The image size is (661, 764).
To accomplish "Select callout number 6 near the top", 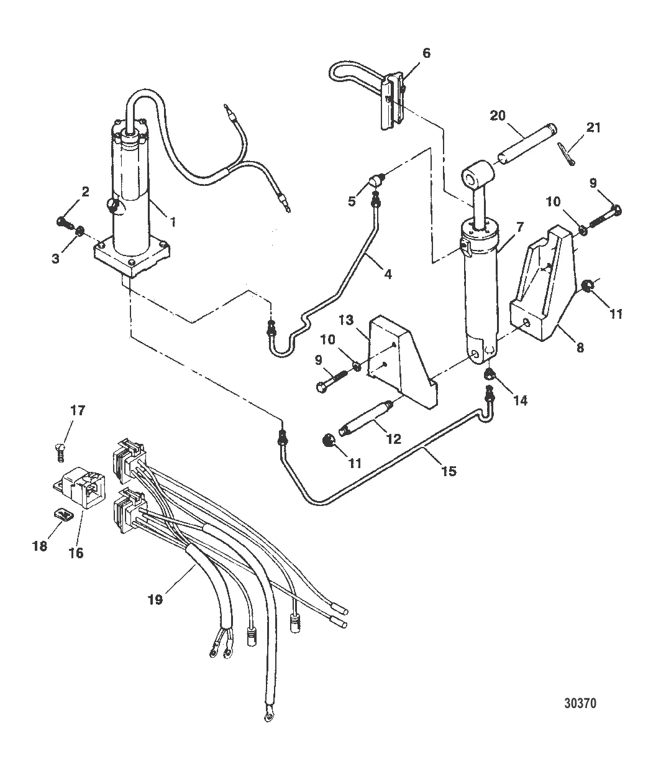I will tap(426, 53).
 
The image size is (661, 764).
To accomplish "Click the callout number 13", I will tap(345, 320).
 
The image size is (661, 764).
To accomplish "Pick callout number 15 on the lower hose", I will tap(449, 471).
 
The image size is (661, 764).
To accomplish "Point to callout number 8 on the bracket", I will tap(580, 348).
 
